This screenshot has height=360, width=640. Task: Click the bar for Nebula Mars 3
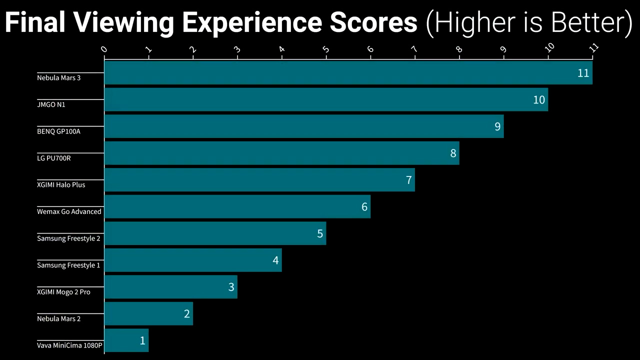click(x=348, y=73)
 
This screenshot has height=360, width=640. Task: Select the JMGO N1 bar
click(x=326, y=99)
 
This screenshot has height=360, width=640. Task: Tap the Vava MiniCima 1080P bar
click(x=126, y=340)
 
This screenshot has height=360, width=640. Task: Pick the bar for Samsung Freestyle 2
click(x=215, y=233)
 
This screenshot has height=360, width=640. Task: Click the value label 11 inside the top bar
click(x=583, y=73)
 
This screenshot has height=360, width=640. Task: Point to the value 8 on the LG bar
click(x=453, y=153)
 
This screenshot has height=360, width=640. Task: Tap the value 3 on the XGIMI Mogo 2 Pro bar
click(x=231, y=287)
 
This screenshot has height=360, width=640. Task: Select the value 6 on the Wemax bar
click(x=364, y=207)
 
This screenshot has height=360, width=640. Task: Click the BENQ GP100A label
click(x=58, y=131)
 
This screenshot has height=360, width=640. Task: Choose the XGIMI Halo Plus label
click(x=61, y=185)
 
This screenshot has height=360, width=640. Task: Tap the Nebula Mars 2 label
click(x=58, y=318)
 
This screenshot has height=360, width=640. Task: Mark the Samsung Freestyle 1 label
click(x=68, y=265)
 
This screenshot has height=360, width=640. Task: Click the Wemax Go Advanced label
click(x=69, y=211)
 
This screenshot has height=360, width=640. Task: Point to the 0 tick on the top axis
click(x=104, y=49)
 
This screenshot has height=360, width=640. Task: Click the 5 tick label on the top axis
click(x=326, y=49)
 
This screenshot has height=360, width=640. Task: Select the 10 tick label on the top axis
click(x=549, y=47)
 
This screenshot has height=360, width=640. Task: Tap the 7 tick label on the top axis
click(x=414, y=49)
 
